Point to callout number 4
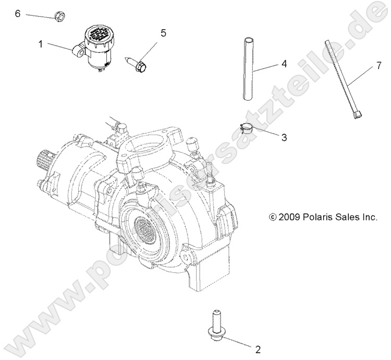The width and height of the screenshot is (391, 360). [x=284, y=64]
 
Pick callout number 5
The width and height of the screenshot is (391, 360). [x=163, y=33]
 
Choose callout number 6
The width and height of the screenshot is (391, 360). [x=17, y=13]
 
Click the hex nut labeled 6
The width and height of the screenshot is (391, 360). [x=59, y=17]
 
